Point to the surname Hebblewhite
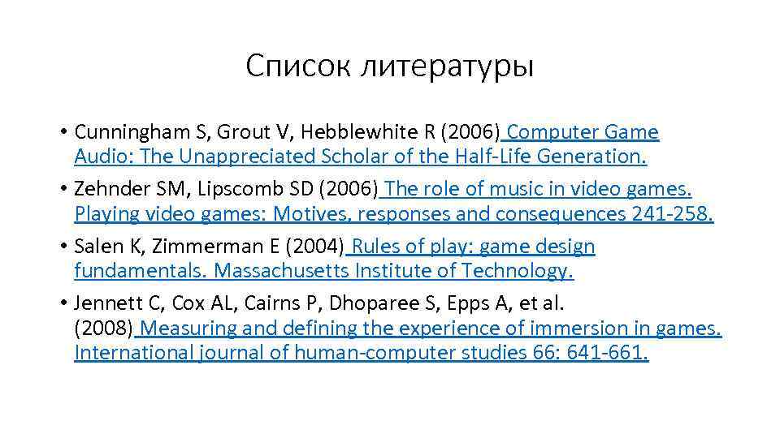[324, 132]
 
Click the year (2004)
[317, 247]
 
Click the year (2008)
[104, 329]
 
